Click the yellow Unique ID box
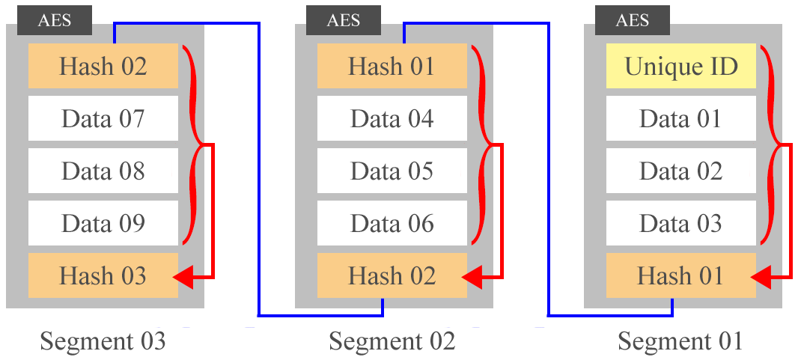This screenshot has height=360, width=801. pyautogui.click(x=680, y=66)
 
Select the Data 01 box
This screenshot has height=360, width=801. pyautogui.click(x=680, y=118)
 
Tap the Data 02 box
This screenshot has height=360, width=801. pyautogui.click(x=680, y=171)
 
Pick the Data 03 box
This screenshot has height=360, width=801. pyautogui.click(x=680, y=223)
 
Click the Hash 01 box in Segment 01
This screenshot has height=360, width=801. pyautogui.click(x=680, y=275)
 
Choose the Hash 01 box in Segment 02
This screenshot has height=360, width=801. pyautogui.click(x=392, y=66)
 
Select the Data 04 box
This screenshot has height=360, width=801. pyautogui.click(x=392, y=118)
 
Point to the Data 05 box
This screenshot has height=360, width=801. pyautogui.click(x=392, y=171)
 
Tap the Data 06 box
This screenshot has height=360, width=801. pyautogui.click(x=392, y=223)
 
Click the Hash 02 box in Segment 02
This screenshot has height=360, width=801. pyautogui.click(x=392, y=275)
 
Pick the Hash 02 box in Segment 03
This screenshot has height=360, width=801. pyautogui.click(x=103, y=66)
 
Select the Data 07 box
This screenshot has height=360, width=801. pyautogui.click(x=103, y=118)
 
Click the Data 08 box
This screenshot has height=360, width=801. pyautogui.click(x=103, y=171)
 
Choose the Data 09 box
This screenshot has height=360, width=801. pyautogui.click(x=103, y=223)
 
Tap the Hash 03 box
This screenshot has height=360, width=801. pyautogui.click(x=103, y=275)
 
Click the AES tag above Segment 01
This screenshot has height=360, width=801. pyautogui.click(x=632, y=20)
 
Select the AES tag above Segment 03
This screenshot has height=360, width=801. pyautogui.click(x=54, y=20)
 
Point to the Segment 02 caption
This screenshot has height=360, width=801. pyautogui.click(x=392, y=341)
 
